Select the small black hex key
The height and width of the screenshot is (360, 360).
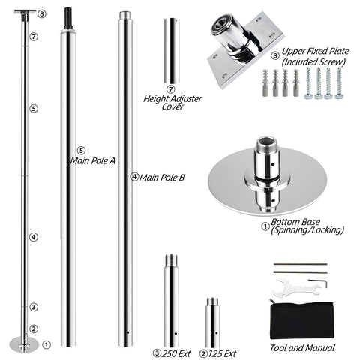point(318,283)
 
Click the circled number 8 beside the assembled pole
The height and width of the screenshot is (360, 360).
point(42,14)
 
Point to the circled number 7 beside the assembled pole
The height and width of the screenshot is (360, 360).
point(34,37)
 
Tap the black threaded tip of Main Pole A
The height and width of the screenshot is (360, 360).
point(68,19)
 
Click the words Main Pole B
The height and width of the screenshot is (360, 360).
point(162,178)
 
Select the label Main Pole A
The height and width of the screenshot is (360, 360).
point(93,160)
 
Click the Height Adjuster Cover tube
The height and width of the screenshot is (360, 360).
point(172,51)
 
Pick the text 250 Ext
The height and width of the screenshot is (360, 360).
point(176,353)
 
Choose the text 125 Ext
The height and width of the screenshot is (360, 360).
point(222,353)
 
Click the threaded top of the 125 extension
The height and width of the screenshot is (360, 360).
point(212,301)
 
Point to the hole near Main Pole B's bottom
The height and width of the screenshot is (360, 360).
point(127,332)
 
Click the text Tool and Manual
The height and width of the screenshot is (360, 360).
point(302,348)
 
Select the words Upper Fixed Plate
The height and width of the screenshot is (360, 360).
point(316,51)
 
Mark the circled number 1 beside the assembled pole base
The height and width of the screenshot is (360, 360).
point(46,345)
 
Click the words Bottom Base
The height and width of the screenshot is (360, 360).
point(295,222)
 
